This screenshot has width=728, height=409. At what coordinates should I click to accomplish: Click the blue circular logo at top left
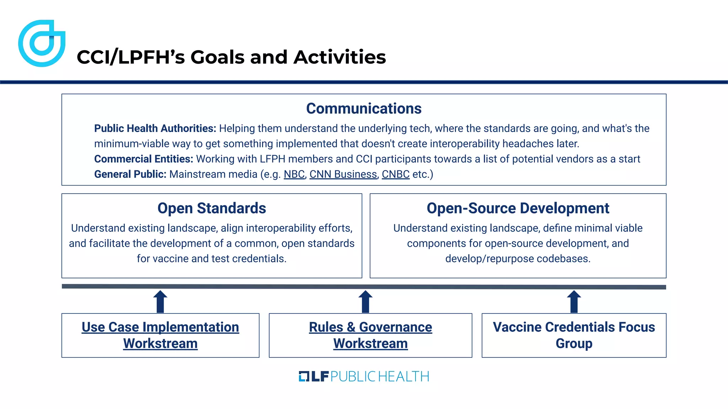(42, 43)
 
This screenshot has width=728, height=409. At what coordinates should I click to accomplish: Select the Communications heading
(364, 109)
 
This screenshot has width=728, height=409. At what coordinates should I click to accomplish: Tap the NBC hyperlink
(294, 174)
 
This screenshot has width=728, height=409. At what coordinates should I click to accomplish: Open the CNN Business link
(343, 174)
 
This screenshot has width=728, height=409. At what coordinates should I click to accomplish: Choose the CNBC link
(395, 174)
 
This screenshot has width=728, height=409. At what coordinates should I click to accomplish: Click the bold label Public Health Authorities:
(155, 129)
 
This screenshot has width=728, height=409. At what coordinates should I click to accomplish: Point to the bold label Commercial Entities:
(144, 159)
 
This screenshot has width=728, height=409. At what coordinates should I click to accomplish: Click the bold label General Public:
(130, 174)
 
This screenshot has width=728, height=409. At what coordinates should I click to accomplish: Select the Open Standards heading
(212, 208)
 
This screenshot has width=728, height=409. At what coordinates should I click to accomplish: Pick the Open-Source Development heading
(518, 208)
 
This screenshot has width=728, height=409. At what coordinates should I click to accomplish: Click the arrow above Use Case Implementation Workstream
(160, 301)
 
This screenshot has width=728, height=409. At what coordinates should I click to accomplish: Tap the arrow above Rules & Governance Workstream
(365, 301)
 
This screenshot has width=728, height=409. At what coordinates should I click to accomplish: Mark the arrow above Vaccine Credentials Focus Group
(574, 301)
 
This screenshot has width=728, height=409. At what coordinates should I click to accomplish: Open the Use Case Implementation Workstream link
(160, 335)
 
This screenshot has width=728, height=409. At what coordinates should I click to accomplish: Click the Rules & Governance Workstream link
(370, 335)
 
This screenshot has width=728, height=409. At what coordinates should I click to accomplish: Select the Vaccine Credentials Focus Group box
(574, 335)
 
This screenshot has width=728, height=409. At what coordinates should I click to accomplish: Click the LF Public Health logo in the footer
(364, 376)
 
